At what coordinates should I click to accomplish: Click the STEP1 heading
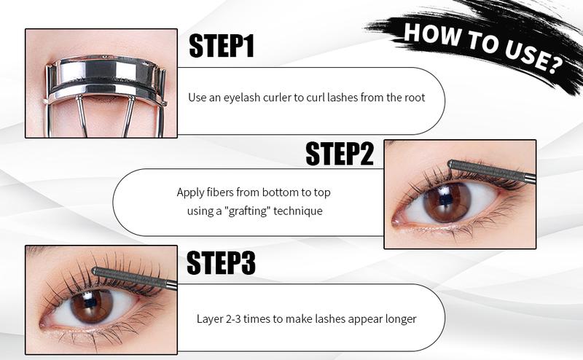click(x=222, y=47)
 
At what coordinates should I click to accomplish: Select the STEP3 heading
click(x=221, y=263)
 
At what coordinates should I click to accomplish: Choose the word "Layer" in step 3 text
click(x=210, y=318)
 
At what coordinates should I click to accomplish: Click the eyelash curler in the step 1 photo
click(x=102, y=80)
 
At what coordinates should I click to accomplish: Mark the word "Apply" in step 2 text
click(x=190, y=192)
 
